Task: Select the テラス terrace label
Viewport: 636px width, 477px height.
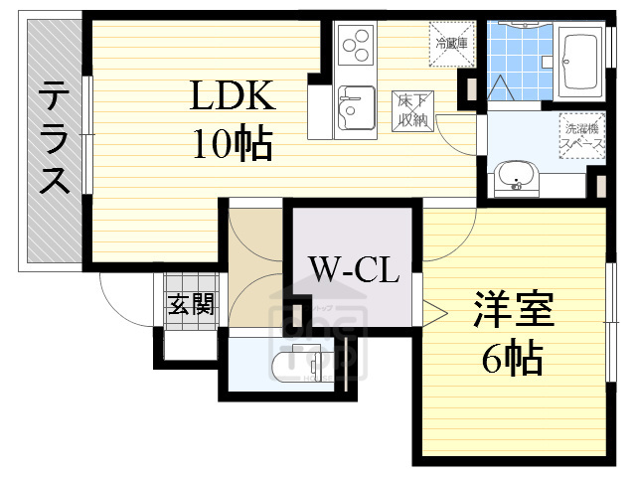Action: tap(54, 140)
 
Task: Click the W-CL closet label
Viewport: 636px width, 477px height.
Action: tap(353, 268)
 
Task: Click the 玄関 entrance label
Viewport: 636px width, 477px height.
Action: tap(190, 304)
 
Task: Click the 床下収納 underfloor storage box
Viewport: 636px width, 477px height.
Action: tap(411, 109)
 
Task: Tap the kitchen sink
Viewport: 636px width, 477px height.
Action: tap(353, 106)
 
